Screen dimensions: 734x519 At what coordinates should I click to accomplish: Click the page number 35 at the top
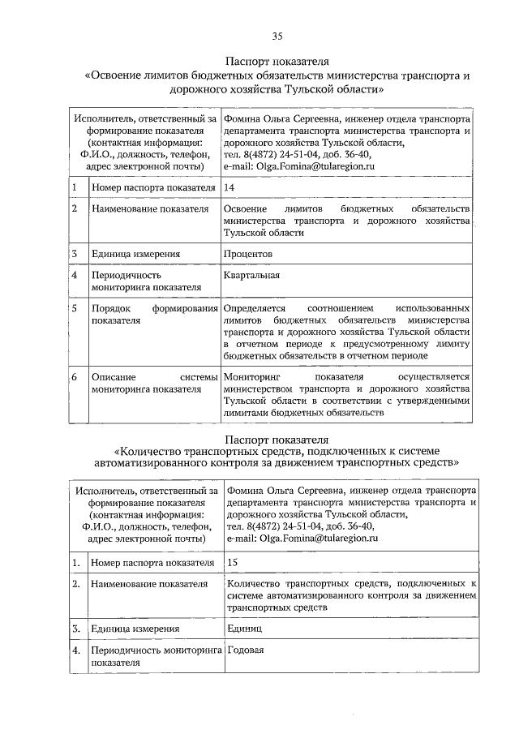point(277,36)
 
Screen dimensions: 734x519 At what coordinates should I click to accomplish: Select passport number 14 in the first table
point(229,188)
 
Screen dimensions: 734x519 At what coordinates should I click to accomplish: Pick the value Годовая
point(247,650)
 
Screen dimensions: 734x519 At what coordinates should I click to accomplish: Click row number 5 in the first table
point(74,309)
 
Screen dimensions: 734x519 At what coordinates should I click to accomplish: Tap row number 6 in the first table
point(74,377)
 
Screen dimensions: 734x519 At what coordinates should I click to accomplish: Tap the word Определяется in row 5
point(254,309)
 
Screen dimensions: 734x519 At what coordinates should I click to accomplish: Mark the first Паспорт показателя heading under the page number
point(277,62)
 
